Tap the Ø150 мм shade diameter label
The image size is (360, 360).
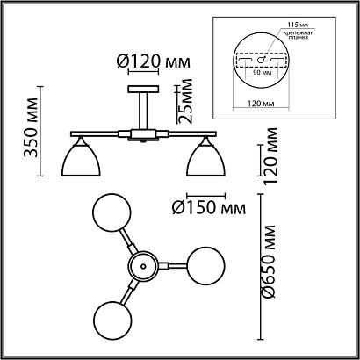(x=207, y=207)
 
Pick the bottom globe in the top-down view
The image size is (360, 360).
(x=110, y=316)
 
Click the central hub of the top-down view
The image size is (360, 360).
(x=140, y=264)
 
